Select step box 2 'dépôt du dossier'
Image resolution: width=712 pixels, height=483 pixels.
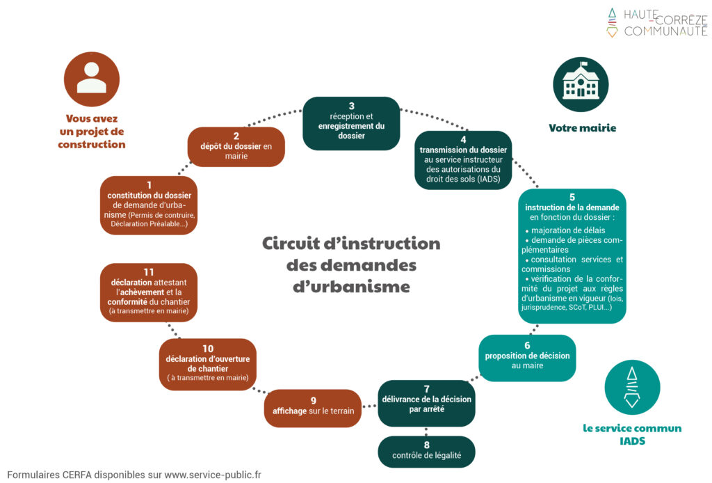(x=236, y=146)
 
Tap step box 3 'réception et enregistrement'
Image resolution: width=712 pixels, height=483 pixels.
(x=351, y=122)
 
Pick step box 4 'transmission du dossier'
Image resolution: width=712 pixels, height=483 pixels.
(x=463, y=160)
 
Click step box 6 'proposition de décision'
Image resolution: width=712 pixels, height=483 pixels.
(x=527, y=357)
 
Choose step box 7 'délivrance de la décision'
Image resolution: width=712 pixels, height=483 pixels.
(x=426, y=403)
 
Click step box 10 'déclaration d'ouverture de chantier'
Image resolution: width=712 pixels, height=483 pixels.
(x=208, y=364)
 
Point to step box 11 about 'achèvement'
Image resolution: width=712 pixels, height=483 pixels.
(x=149, y=292)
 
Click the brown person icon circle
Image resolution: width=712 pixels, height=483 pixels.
(x=92, y=79)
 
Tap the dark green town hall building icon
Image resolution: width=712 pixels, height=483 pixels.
(x=581, y=84)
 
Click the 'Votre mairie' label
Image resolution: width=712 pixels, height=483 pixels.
(x=582, y=128)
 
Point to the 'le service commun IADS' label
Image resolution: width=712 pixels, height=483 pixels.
(x=632, y=434)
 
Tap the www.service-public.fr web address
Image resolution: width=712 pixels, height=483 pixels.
(x=213, y=475)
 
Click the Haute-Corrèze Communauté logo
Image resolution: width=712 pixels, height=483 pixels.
(x=657, y=22)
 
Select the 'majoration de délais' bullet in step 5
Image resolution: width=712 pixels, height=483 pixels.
(x=567, y=230)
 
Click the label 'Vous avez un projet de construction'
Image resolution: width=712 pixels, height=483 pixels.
(x=92, y=132)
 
